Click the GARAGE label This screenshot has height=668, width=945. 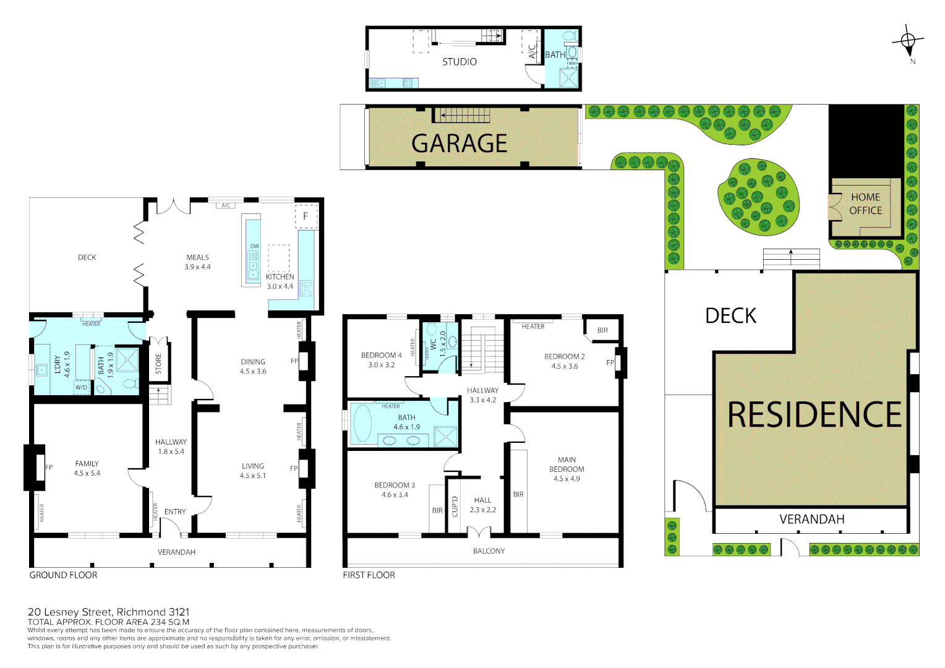(x=459, y=143)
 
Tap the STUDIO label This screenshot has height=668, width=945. (x=460, y=62)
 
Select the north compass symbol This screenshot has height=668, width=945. (x=908, y=42)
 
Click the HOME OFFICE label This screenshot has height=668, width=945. (x=865, y=203)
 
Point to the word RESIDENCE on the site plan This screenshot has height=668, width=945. (x=814, y=414)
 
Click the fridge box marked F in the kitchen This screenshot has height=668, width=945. (x=306, y=216)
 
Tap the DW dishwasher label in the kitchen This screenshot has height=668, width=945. (x=254, y=246)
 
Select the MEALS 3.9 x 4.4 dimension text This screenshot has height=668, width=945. (x=198, y=267)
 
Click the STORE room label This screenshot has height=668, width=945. (x=158, y=364)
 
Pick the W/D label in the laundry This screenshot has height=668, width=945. (x=82, y=388)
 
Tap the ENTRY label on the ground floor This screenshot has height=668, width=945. (x=175, y=512)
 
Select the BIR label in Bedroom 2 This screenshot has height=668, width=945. (x=602, y=330)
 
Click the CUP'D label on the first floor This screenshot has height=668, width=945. (x=455, y=506)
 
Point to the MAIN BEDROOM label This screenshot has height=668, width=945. (x=567, y=465)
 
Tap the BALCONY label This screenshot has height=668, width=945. (x=489, y=550)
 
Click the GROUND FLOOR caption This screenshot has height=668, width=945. (x=63, y=575)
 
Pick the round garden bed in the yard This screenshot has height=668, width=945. (x=758, y=197)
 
